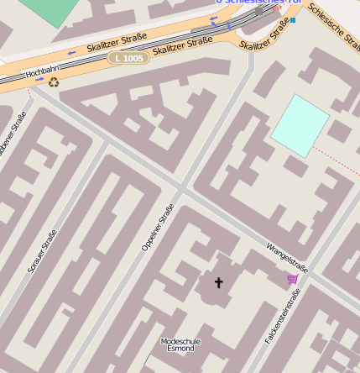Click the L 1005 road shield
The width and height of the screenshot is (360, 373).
click(x=128, y=58)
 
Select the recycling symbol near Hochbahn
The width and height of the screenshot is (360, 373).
click(x=54, y=82)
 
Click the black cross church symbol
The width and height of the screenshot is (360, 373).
click(x=220, y=282)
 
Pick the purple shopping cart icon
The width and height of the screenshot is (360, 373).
click(x=292, y=279)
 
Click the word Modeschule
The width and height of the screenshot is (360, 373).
click(x=181, y=340)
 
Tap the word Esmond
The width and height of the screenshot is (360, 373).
click(x=181, y=348)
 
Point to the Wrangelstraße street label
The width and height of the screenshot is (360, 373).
click(x=287, y=258)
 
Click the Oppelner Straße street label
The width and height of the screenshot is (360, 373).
click(x=157, y=227)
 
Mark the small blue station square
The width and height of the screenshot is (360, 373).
click(x=293, y=19)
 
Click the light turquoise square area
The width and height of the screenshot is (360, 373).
click(x=300, y=124)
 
